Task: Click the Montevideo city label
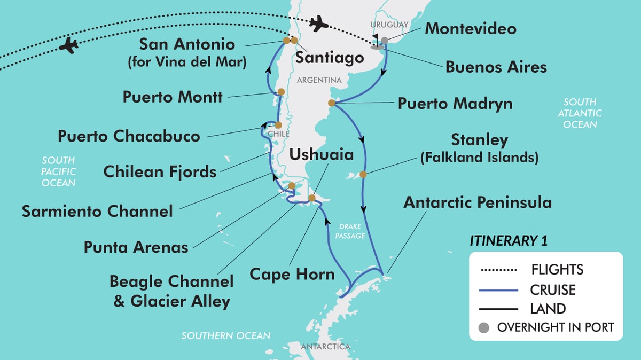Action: click(470, 28)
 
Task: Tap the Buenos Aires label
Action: click(496, 67)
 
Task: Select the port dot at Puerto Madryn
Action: click(331, 103)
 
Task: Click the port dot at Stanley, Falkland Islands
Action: click(363, 174)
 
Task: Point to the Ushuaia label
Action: click(321, 155)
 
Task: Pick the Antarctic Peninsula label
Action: click(478, 202)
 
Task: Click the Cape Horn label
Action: click(292, 275)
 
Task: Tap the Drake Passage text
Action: click(349, 231)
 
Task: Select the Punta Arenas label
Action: click(136, 247)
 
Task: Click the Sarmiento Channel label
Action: click(97, 211)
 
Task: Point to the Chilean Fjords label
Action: click(160, 171)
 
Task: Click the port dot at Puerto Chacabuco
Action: click(278, 125)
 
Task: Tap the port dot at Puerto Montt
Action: click(280, 92)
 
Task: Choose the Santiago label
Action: click(330, 58)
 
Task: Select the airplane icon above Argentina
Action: click(318, 24)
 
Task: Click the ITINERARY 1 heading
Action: click(508, 241)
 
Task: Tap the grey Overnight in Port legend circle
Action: click(485, 327)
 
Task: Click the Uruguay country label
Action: click(389, 25)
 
